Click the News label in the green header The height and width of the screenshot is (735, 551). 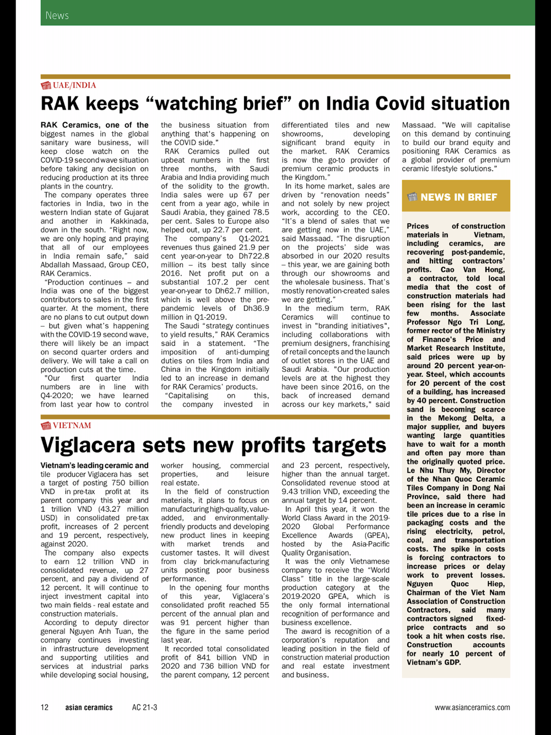[57, 15]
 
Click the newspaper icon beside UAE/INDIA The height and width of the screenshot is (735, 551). [46, 85]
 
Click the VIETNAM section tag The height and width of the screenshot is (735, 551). [72, 425]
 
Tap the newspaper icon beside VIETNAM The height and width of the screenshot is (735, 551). [46, 425]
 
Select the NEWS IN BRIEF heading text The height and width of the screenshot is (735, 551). [458, 197]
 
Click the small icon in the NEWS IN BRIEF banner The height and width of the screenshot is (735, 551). [412, 197]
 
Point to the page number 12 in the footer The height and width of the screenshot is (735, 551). [45, 707]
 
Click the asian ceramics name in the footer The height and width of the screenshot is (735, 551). [89, 707]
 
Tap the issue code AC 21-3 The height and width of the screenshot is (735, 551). [144, 707]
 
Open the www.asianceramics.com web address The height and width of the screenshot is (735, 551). [472, 707]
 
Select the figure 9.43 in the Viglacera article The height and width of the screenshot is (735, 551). [290, 491]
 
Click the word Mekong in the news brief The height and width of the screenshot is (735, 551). [451, 418]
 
